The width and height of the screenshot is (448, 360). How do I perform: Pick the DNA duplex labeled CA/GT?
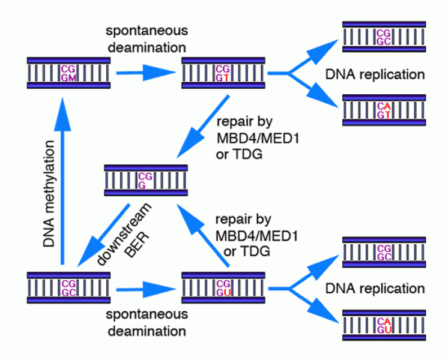pyautogui.click(x=384, y=109)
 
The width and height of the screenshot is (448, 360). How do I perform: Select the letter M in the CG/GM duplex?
pyautogui.click(x=72, y=77)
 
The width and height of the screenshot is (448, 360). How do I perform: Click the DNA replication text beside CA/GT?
pyautogui.click(x=375, y=76)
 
